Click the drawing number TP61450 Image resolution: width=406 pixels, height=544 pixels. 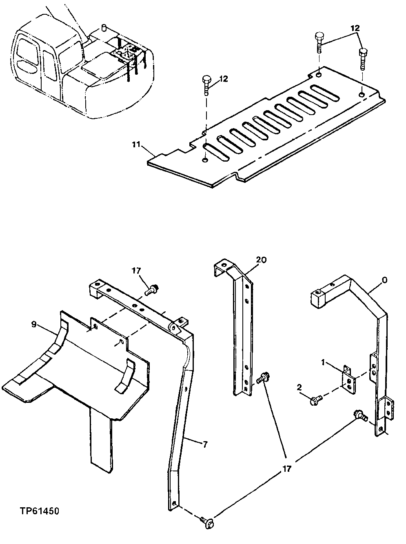click(40, 511)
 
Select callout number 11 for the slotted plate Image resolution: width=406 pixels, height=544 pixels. click(136, 144)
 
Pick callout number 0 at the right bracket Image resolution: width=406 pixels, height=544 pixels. click(384, 280)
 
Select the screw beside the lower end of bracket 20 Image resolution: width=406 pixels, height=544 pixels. click(263, 376)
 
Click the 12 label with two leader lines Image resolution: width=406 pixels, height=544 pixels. click(355, 29)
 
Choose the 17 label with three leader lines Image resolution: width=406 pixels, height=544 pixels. click(287, 469)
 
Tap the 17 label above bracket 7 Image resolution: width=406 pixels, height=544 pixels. click(136, 270)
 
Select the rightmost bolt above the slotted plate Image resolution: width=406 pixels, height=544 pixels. click(362, 58)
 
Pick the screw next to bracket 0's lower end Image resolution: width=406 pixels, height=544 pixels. click(360, 415)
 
